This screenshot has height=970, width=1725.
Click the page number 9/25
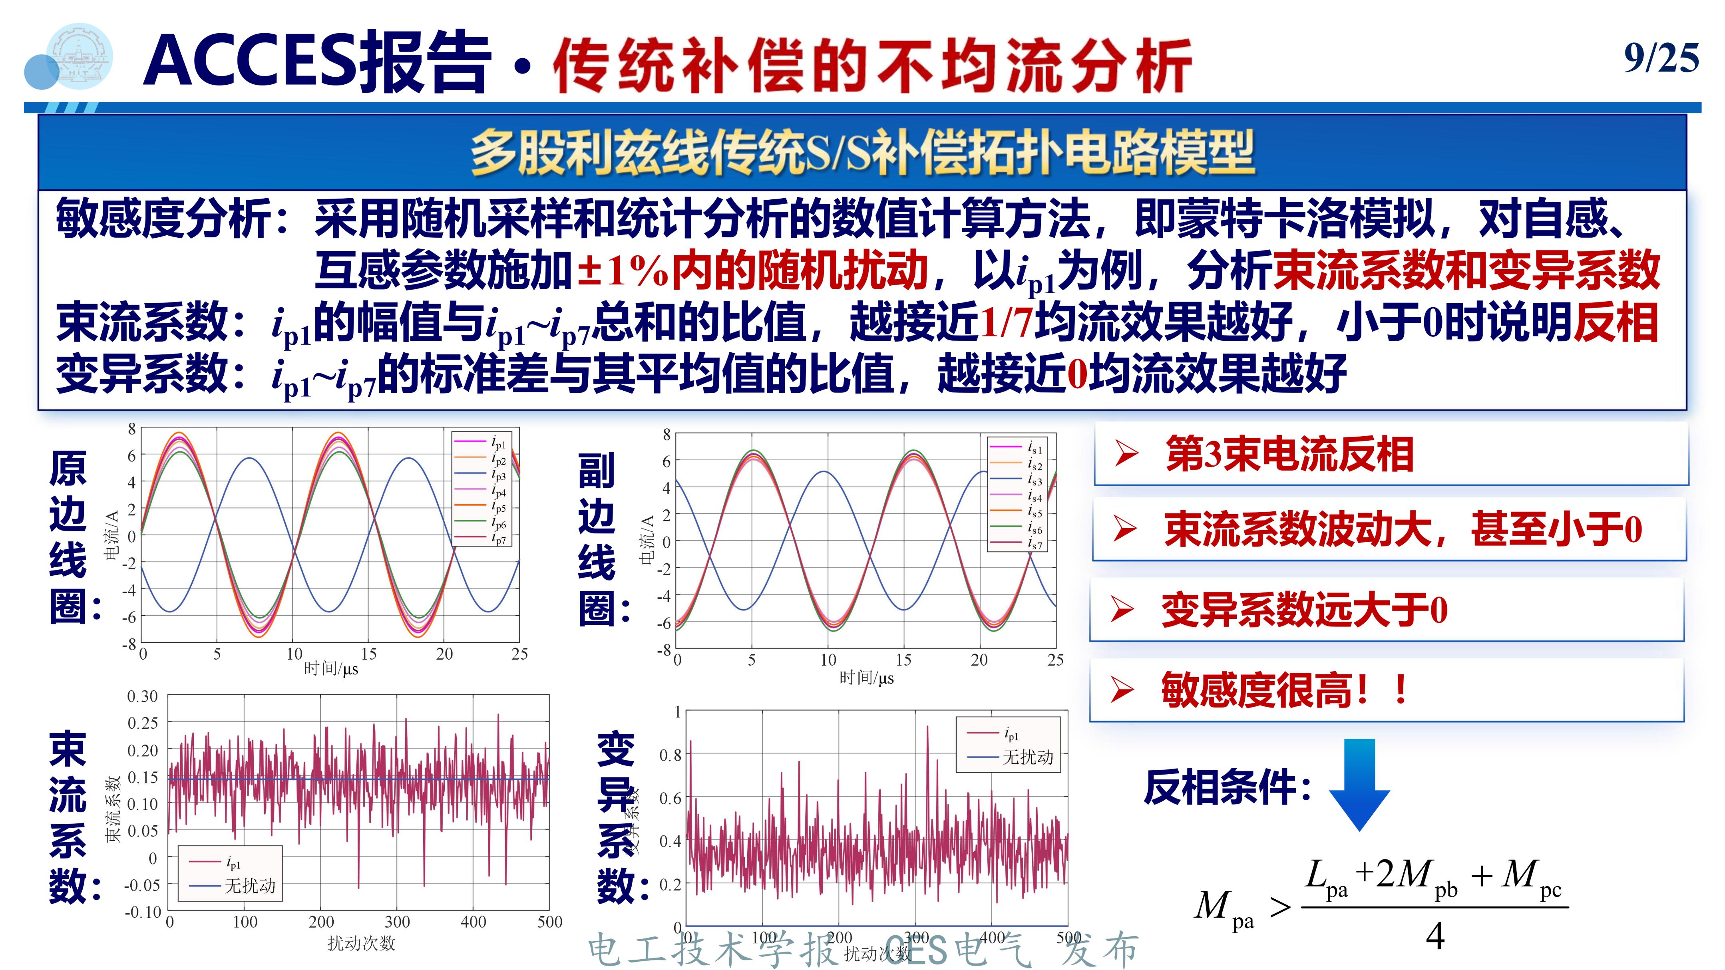pyautogui.click(x=1661, y=58)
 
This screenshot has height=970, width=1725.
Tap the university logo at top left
pyautogui.click(x=80, y=57)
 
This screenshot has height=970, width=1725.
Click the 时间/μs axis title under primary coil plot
pyautogui.click(x=331, y=668)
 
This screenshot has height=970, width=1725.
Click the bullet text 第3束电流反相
pyautogui.click(x=1289, y=454)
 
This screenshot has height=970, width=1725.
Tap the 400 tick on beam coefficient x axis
pyautogui.click(x=473, y=922)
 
